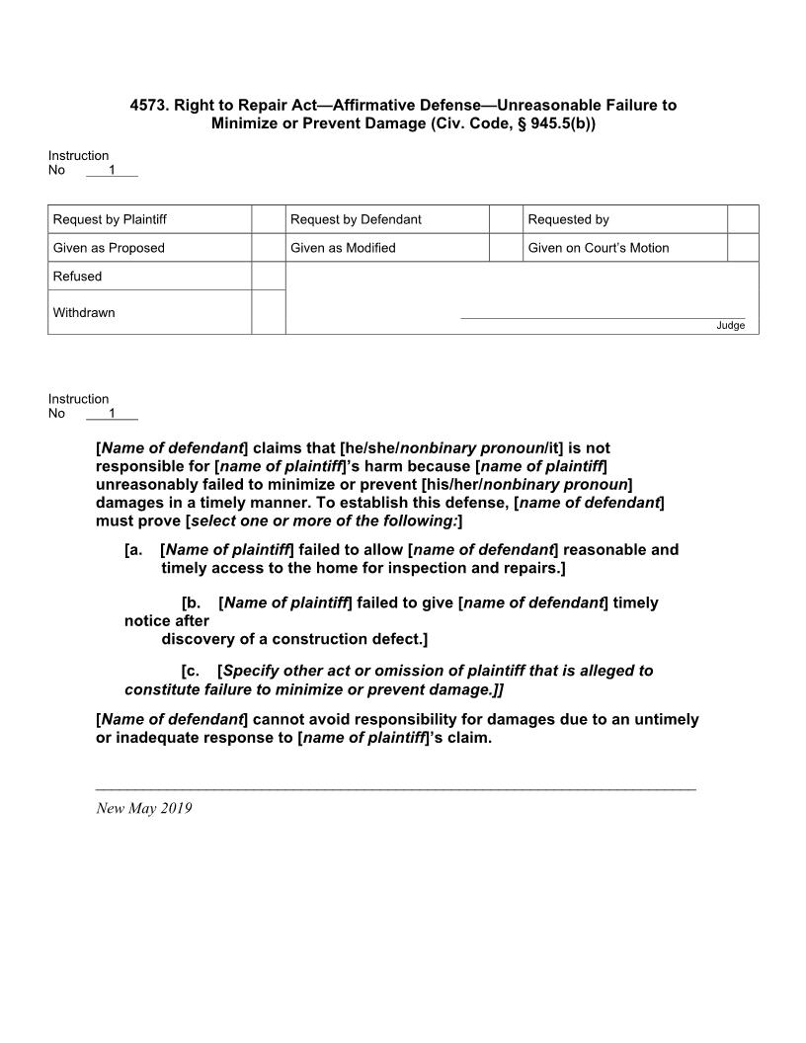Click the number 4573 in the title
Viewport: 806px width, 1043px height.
click(147, 105)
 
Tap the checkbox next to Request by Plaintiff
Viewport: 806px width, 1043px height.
click(269, 219)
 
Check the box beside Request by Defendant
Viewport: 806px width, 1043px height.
click(506, 219)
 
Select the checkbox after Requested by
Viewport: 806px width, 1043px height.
click(743, 219)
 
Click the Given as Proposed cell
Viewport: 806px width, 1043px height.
click(109, 248)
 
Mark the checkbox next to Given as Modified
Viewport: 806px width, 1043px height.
click(506, 248)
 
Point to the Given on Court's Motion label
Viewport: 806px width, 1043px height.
click(599, 248)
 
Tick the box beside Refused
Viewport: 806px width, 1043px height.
click(269, 277)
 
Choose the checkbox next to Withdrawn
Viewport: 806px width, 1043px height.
click(269, 312)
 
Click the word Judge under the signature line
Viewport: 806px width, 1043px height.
click(731, 326)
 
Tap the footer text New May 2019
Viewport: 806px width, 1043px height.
click(144, 809)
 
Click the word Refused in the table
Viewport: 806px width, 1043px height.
click(77, 277)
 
